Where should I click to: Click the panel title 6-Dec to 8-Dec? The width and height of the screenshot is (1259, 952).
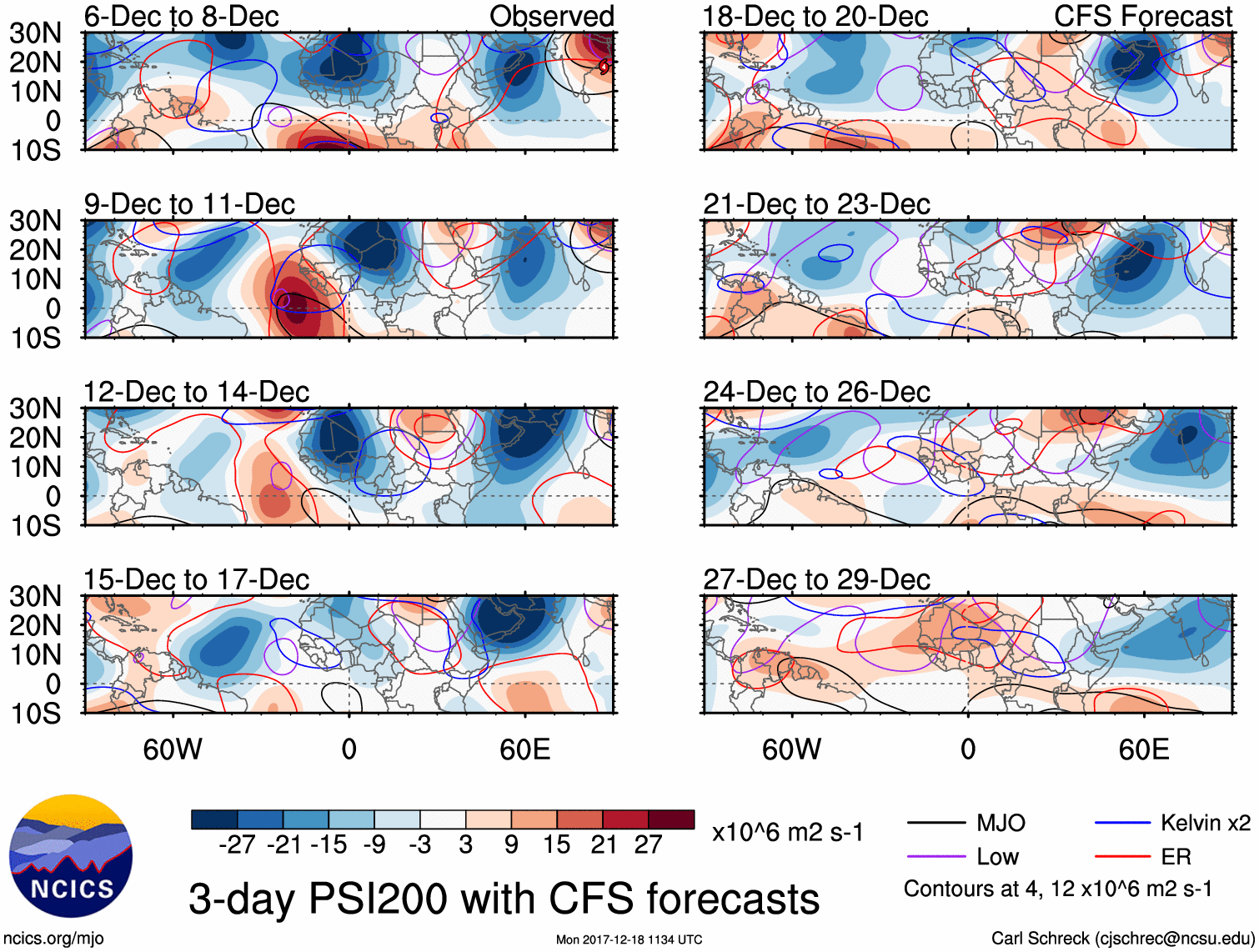pos(181,17)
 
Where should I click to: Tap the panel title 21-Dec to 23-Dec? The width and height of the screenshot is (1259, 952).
pos(816,204)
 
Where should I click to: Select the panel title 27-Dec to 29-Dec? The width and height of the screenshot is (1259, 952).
pos(816,579)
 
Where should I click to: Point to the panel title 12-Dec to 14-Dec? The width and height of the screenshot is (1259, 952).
pos(196,392)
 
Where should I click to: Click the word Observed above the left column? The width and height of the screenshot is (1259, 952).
pos(551,17)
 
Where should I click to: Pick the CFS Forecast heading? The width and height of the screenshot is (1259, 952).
pos(1142,17)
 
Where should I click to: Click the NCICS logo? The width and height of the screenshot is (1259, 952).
pos(71,856)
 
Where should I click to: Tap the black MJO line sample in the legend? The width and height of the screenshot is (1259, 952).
pos(935,824)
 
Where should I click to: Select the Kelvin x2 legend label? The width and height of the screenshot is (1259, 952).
pos(1205,824)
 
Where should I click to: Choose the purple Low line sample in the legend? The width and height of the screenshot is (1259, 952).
pos(935,857)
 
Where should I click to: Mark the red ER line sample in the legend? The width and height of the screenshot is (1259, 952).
pos(1122,857)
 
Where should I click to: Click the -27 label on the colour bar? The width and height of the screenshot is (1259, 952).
pos(237,844)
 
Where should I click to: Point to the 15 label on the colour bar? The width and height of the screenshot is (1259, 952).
pos(556,844)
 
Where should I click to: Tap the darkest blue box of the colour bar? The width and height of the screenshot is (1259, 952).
pos(214,819)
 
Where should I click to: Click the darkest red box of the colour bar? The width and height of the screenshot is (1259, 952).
pos(671,819)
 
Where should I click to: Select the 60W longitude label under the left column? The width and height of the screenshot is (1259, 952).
pos(173,749)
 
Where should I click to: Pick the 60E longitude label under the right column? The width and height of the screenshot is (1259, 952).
pos(1143,749)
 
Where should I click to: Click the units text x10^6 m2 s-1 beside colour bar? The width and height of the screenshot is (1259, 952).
pos(787,832)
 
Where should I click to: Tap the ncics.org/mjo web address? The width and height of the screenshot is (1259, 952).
pos(53,939)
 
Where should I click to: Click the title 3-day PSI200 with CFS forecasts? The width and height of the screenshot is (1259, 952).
pos(504,899)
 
